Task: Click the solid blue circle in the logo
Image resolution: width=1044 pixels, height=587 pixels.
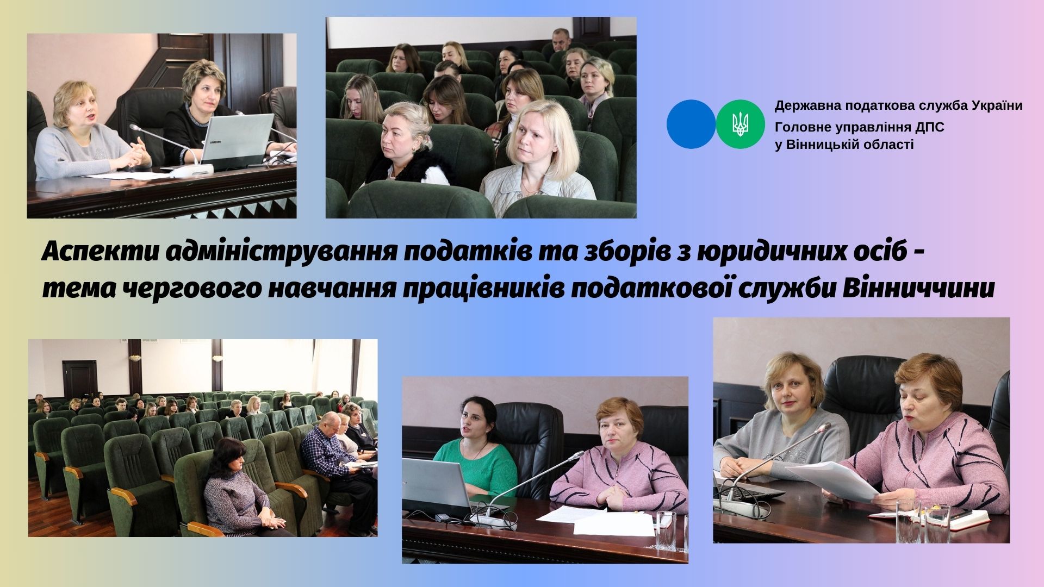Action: tap(691, 124)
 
